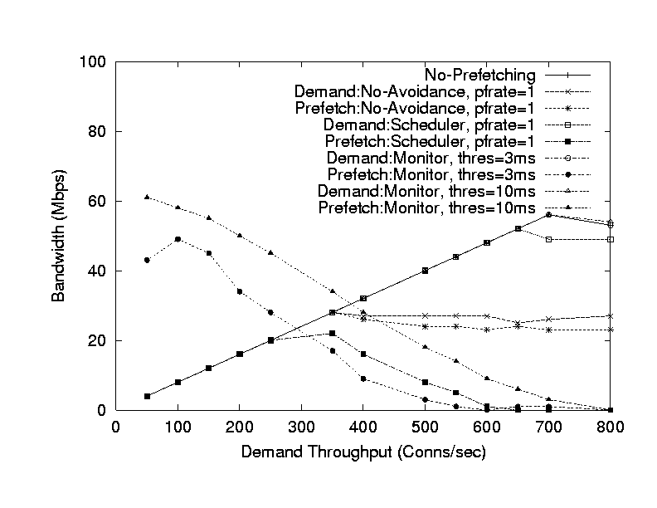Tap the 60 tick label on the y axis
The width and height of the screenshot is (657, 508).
click(97, 201)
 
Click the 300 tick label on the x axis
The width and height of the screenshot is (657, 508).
click(301, 426)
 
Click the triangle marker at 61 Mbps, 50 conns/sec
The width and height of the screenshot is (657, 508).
click(147, 197)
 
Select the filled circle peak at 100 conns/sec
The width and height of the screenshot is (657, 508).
click(178, 239)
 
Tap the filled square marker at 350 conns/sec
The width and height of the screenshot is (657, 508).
click(332, 333)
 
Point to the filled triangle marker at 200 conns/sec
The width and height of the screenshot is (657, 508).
click(240, 236)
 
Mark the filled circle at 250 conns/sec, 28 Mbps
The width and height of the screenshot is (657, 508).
click(270, 312)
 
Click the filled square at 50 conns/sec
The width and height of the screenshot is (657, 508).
click(147, 396)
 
